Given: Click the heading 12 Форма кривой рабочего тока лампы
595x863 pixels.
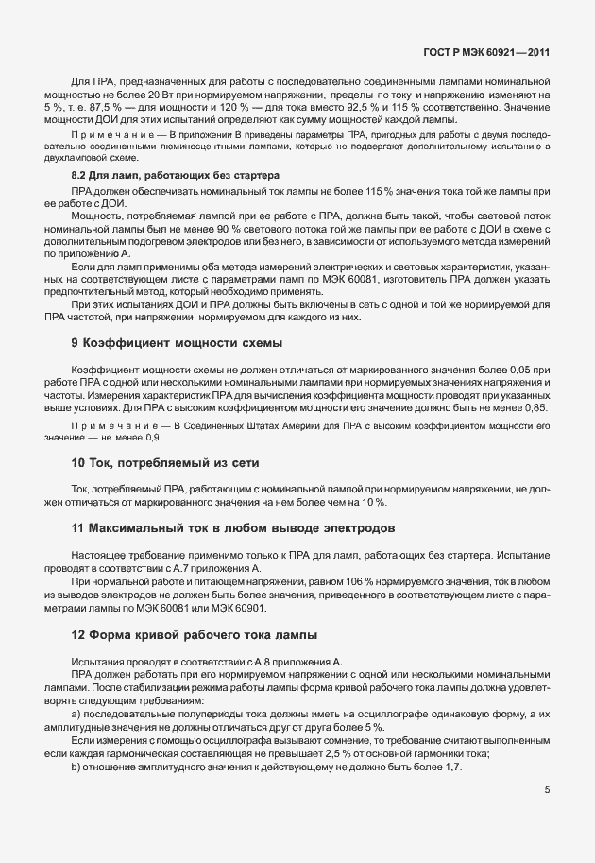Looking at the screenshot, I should (195, 633).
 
